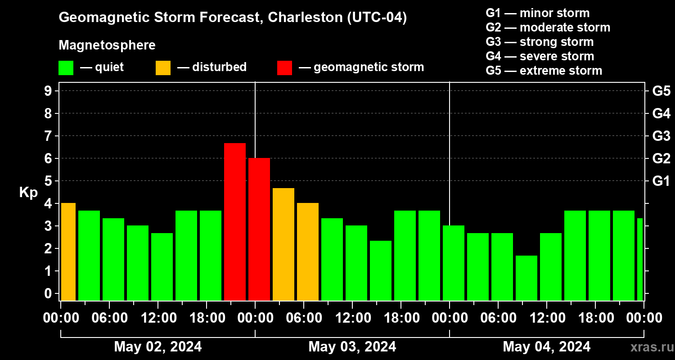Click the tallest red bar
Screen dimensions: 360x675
click(x=235, y=221)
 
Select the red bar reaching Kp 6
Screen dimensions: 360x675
click(x=259, y=229)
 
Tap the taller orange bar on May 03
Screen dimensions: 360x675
click(x=283, y=244)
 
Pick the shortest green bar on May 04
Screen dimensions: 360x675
click(x=526, y=278)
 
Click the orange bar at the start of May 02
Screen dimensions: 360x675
click(x=68, y=252)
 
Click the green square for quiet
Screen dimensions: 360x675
click(x=66, y=68)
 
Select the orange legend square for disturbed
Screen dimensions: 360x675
click(x=163, y=68)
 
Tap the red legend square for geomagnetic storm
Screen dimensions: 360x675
click(x=284, y=68)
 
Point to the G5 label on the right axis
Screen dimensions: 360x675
click(x=661, y=91)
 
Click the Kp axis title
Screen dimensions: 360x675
click(x=28, y=193)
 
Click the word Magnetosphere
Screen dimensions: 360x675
click(x=107, y=45)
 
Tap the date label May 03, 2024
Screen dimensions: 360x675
click(x=352, y=346)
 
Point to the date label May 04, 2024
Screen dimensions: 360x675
click(x=547, y=346)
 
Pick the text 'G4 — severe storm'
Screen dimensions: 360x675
click(x=540, y=56)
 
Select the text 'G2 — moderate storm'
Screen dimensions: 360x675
click(x=548, y=27)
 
